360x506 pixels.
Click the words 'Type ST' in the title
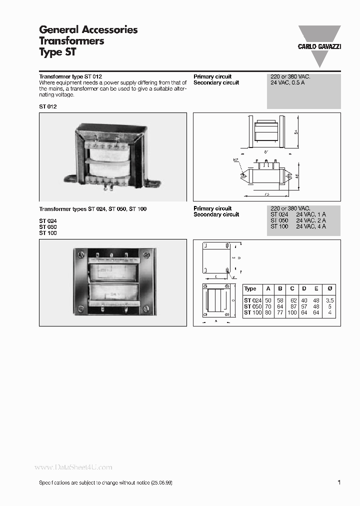point(57,51)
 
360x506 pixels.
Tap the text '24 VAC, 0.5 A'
point(288,82)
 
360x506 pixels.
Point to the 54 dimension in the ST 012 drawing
point(296,131)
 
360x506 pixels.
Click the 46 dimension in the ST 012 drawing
point(296,175)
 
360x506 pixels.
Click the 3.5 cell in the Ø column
point(329,300)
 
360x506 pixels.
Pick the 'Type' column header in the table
point(250,288)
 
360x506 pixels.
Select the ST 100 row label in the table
point(252,312)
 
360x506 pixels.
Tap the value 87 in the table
point(292,306)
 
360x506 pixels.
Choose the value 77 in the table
point(280,312)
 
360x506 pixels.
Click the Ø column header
point(329,288)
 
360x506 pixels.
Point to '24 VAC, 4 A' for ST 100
point(310,226)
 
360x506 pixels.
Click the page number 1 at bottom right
point(339,482)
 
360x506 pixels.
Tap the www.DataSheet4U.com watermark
point(73,467)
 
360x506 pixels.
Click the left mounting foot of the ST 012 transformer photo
point(69,177)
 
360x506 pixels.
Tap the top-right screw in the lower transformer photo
point(146,254)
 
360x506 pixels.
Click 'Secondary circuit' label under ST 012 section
point(216,82)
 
